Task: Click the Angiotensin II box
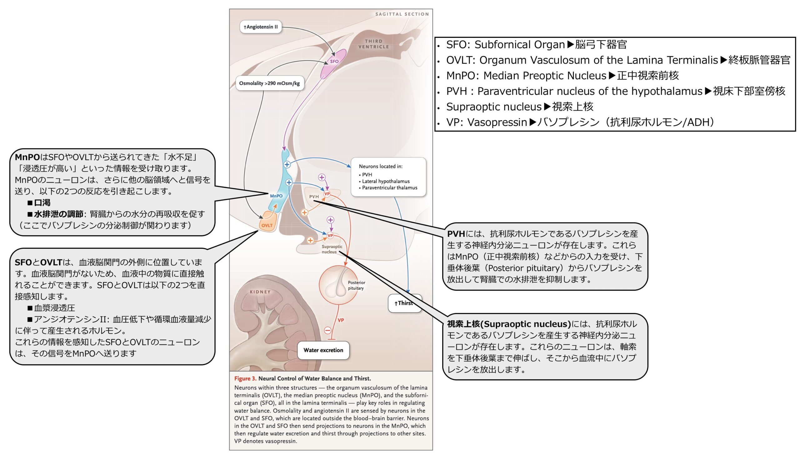pos(261,27)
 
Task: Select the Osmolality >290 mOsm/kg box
pos(269,83)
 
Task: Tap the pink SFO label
pos(334,62)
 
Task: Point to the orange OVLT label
pos(267,225)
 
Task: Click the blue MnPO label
pos(276,196)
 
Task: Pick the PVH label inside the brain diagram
pos(314,197)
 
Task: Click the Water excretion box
pos(323,350)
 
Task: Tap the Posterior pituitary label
pos(356,285)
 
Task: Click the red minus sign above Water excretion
pos(327,330)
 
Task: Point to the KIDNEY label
pos(260,292)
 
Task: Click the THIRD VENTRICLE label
pos(374,44)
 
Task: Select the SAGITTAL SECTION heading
pos(402,14)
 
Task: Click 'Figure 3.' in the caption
pos(245,378)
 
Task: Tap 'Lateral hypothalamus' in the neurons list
pos(386,181)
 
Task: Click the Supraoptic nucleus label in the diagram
pos(332,249)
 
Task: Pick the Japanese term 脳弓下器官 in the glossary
pos(601,45)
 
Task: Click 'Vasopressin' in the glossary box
pos(497,122)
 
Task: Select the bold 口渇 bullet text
pos(42,202)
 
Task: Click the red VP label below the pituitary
pos(341,320)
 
